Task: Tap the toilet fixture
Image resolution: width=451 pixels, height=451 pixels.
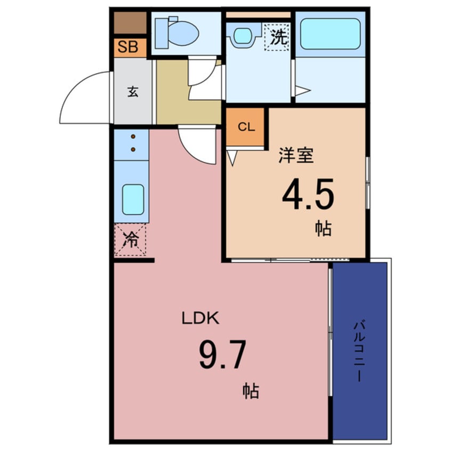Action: point(177,33)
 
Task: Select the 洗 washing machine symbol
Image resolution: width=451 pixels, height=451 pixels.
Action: point(277,37)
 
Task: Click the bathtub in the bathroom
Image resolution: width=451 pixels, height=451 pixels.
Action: point(330,34)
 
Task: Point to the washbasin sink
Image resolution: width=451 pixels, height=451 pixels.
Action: point(243,35)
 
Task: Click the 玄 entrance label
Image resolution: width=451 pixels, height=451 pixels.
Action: point(133,92)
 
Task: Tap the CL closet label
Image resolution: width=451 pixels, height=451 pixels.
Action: point(246,127)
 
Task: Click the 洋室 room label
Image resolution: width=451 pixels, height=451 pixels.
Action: point(296,155)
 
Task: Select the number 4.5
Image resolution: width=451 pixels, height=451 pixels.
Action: point(308,194)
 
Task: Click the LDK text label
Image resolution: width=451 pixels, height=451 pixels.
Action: point(201,318)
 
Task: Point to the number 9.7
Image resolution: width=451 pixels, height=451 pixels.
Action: point(223,355)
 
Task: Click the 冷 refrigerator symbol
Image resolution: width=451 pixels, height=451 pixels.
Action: point(130,239)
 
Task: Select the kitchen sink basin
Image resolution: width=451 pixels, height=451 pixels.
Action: point(133,199)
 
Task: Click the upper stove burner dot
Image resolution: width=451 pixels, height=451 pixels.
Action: point(133,136)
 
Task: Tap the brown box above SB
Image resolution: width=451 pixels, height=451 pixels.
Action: point(130,23)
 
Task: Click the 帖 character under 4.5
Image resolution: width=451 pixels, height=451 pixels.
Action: point(323,228)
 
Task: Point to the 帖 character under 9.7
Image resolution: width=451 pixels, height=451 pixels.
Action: point(251,391)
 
